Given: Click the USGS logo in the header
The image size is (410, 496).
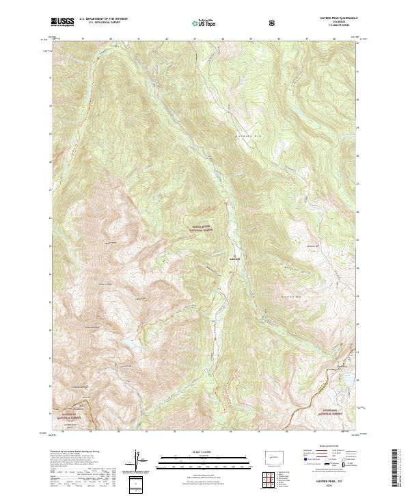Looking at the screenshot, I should click(61, 22).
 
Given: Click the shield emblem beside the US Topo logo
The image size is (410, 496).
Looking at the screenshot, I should click(274, 23).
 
